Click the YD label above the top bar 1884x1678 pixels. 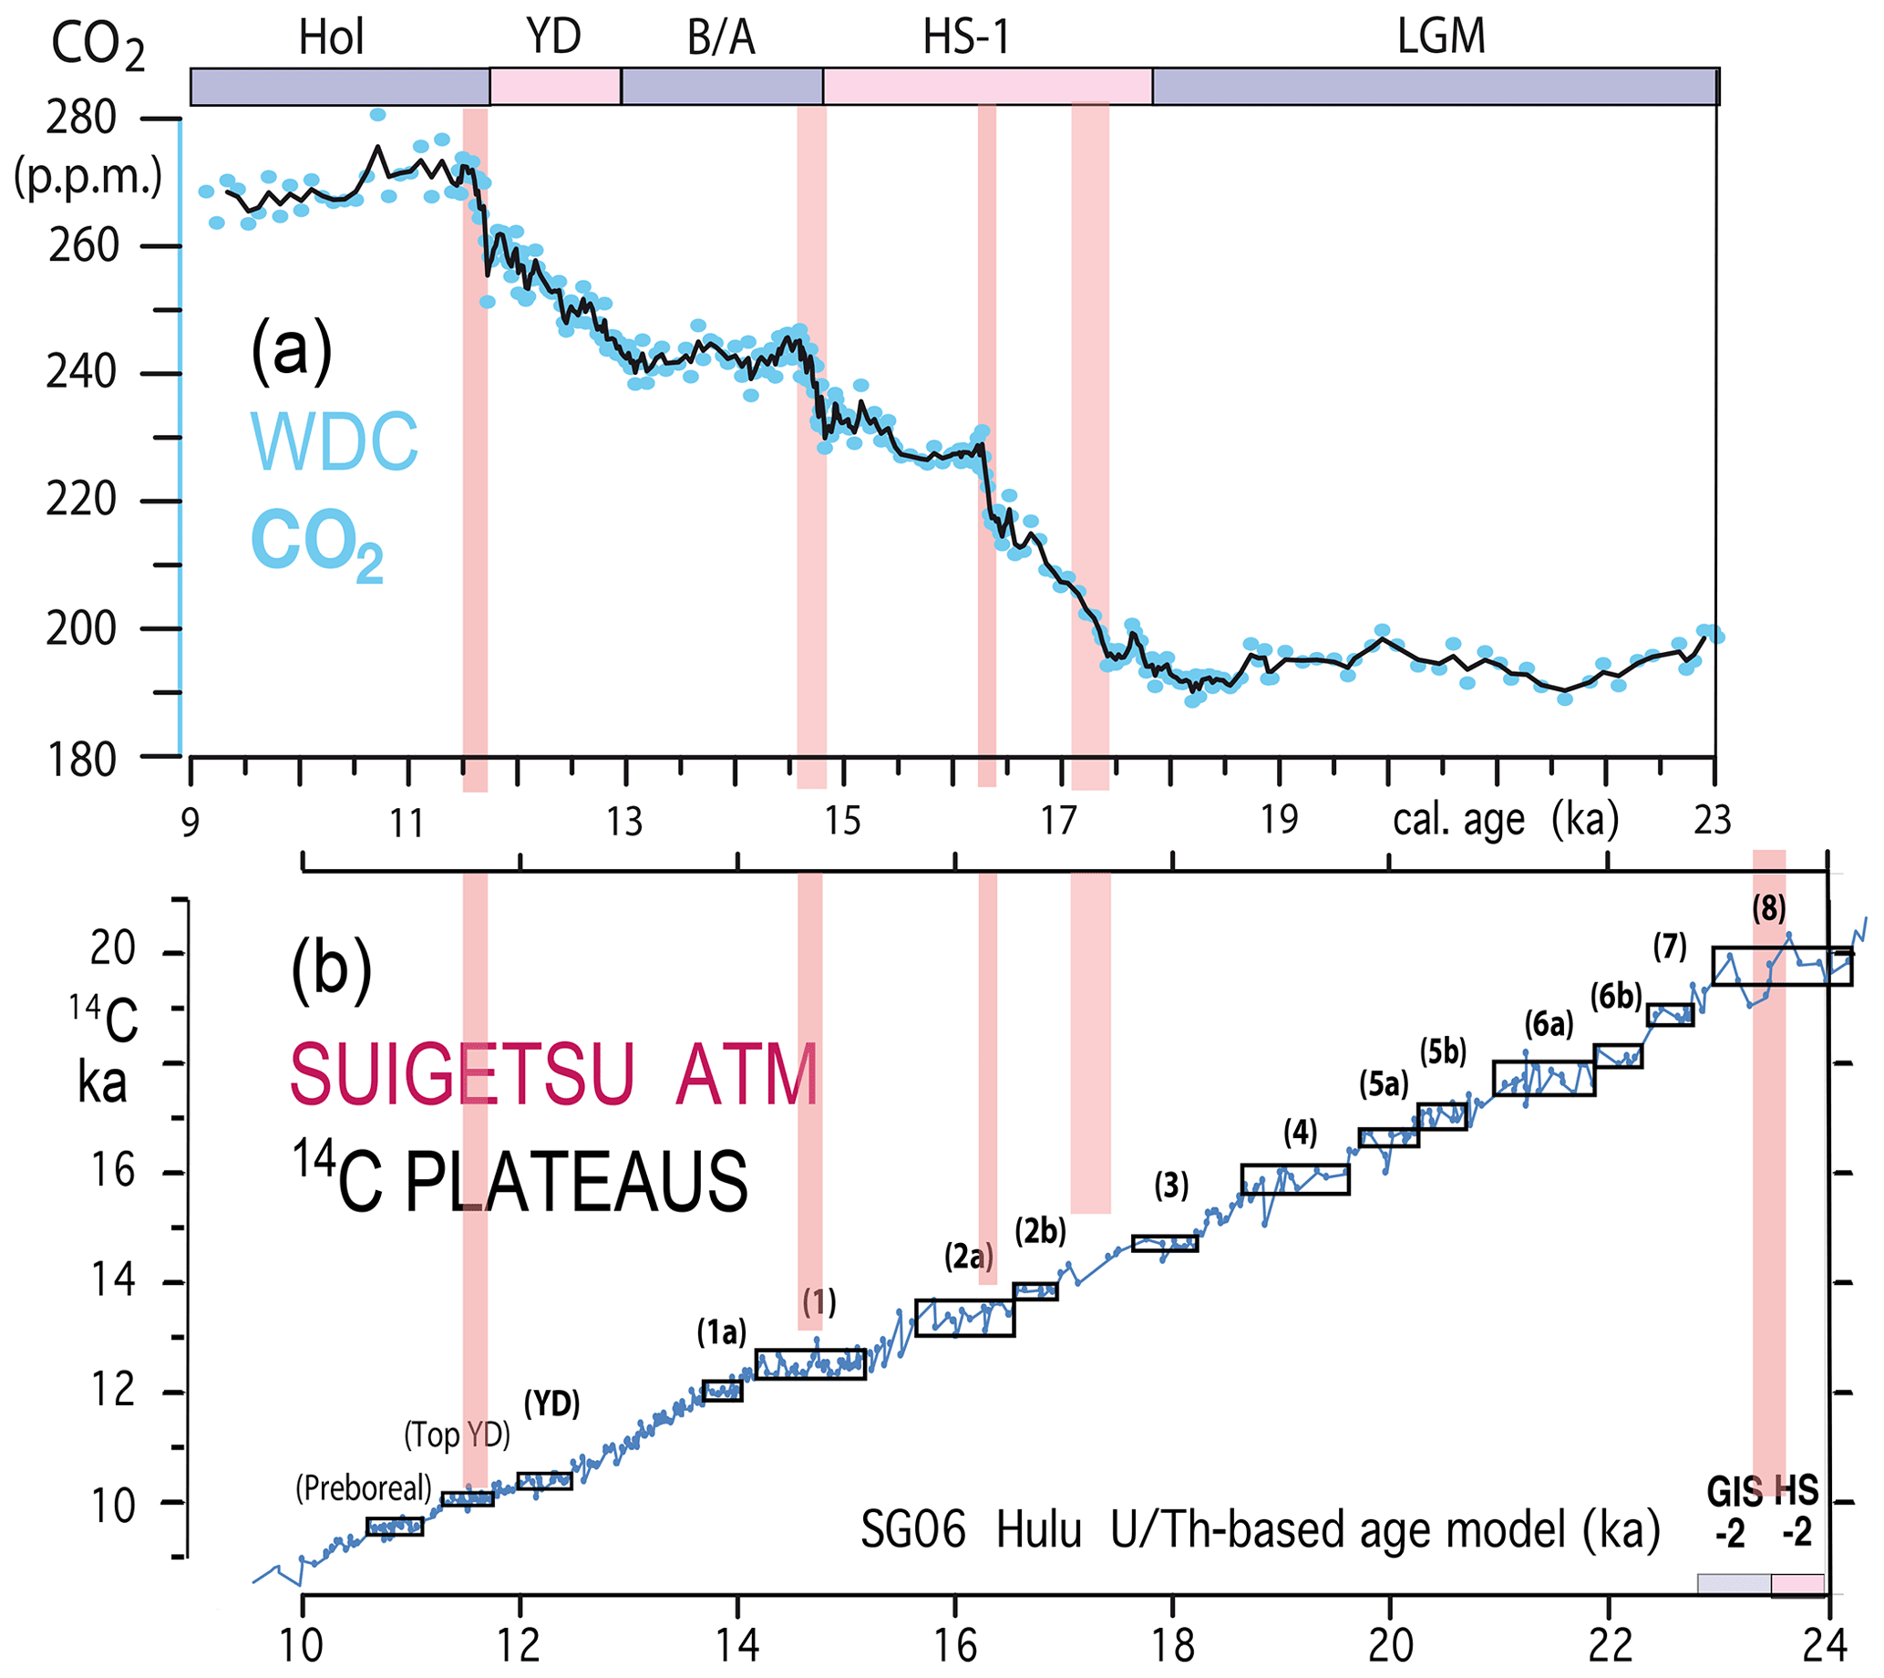tap(554, 36)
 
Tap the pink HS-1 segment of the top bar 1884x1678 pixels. tap(987, 86)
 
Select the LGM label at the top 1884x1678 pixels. tap(1442, 36)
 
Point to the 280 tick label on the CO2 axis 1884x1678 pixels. tap(81, 118)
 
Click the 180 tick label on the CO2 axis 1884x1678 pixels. tap(81, 761)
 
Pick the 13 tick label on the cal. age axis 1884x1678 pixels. tap(624, 822)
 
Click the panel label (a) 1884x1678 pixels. tap(292, 350)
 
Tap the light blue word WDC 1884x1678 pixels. tap(335, 443)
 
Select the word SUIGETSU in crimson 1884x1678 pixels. tap(462, 1075)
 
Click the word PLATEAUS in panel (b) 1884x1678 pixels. tap(576, 1183)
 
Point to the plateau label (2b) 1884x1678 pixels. tap(1041, 1231)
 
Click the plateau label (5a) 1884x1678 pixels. tap(1385, 1085)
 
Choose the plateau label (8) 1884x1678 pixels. tap(1769, 910)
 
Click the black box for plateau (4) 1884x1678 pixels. tap(1295, 1179)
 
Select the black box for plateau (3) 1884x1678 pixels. tap(1165, 1244)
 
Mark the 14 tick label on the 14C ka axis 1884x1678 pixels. tap(112, 1280)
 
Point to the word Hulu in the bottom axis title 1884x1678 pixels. tap(1039, 1531)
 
